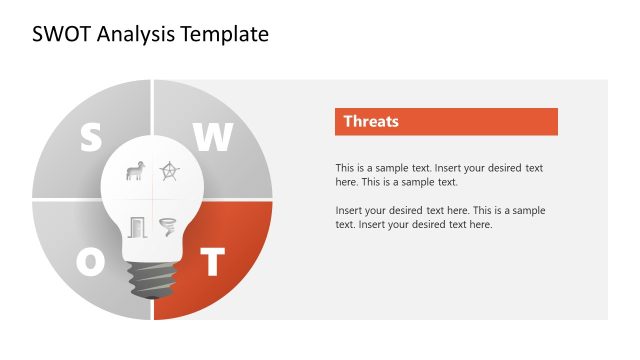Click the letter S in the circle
tap(90, 138)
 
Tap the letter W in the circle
tap(212, 138)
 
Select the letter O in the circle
tap(90, 262)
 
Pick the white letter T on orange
tap(212, 262)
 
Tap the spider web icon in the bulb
tap(170, 172)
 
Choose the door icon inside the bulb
tap(136, 227)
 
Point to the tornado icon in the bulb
tap(168, 227)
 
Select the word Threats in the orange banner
tap(371, 122)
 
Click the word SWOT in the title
tap(58, 34)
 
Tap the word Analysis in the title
tap(133, 34)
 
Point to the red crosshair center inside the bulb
tap(152, 200)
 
